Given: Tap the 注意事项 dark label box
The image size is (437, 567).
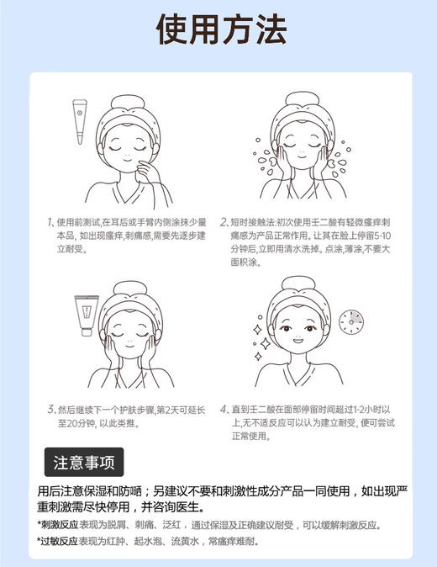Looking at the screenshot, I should point(84,462).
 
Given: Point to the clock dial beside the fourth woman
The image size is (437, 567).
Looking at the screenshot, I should point(352,321).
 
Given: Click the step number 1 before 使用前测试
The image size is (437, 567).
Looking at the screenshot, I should point(50,223).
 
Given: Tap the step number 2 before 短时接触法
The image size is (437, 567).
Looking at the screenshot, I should point(224,223).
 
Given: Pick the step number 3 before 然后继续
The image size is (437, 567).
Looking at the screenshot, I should point(50,410).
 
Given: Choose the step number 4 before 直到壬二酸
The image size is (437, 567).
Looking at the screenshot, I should point(224,410).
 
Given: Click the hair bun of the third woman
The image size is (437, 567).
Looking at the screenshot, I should point(126,289).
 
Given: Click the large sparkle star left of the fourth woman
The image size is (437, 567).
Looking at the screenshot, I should point(264,343).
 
